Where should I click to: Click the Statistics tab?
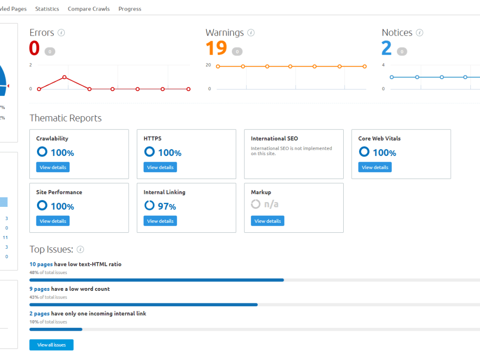pyautogui.click(x=47, y=9)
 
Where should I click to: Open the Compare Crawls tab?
pyautogui.click(x=89, y=9)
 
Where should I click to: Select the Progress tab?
pyautogui.click(x=130, y=9)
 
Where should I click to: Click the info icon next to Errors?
pyautogui.click(x=61, y=33)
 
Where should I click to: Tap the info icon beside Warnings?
pyautogui.click(x=251, y=33)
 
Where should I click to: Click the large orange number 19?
pyautogui.click(x=216, y=48)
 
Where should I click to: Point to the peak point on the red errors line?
pyautogui.click(x=64, y=77)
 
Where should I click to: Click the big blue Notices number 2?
pyautogui.click(x=386, y=48)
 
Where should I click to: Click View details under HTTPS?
pyautogui.click(x=160, y=168)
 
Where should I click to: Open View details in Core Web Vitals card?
pyautogui.click(x=375, y=168)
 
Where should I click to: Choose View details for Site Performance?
pyautogui.click(x=53, y=221)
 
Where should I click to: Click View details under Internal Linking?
pyautogui.click(x=160, y=221)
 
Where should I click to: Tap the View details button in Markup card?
pyautogui.click(x=267, y=221)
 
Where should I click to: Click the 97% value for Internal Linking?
pyautogui.click(x=167, y=206)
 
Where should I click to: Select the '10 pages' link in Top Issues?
pyautogui.click(x=41, y=264)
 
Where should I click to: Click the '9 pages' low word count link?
pyautogui.click(x=39, y=289)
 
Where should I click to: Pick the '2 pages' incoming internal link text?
pyautogui.click(x=39, y=313)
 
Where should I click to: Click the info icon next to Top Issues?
pyautogui.click(x=80, y=250)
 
